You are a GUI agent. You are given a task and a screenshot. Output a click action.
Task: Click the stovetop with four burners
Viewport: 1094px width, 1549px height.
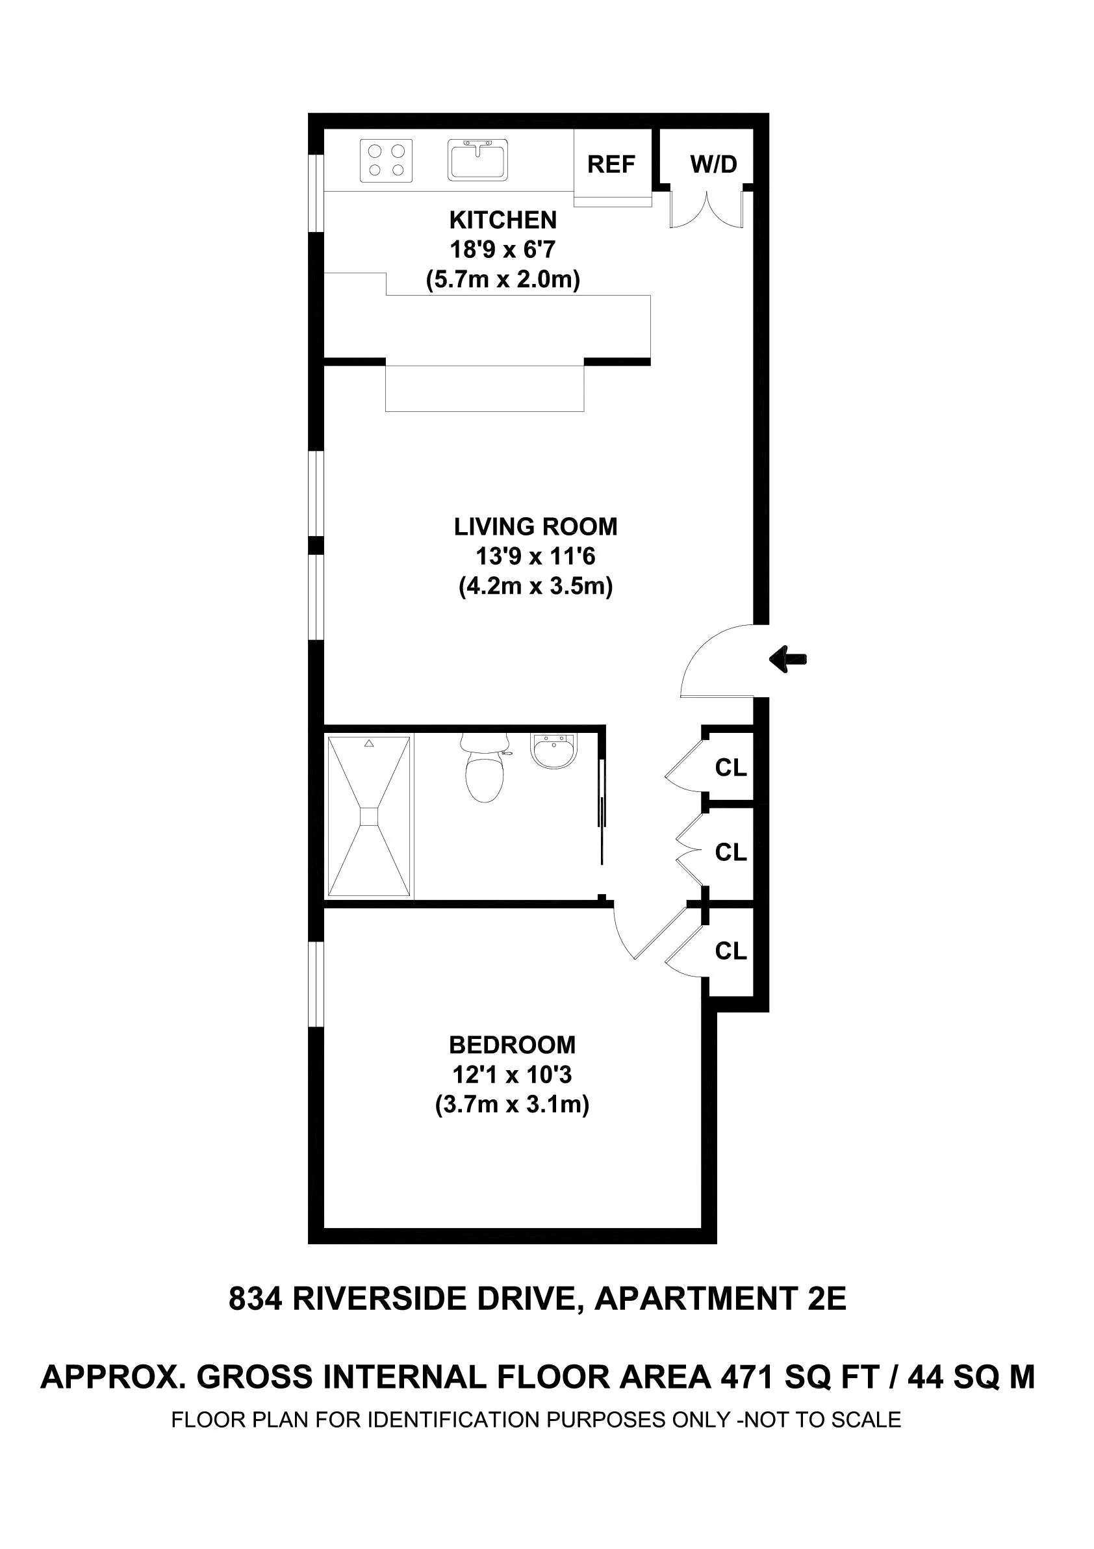click(386, 160)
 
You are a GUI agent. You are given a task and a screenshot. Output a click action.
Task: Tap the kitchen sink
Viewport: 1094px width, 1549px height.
click(477, 160)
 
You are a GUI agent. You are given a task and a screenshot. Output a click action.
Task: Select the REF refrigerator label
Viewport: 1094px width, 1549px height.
click(611, 164)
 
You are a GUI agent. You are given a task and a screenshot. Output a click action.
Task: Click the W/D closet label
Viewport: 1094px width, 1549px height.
click(713, 164)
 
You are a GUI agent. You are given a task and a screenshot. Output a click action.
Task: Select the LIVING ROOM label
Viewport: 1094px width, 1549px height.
click(535, 527)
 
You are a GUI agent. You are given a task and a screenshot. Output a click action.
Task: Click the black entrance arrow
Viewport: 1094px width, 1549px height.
click(788, 659)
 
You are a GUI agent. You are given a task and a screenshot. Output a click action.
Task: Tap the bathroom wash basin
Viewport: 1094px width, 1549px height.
click(553, 751)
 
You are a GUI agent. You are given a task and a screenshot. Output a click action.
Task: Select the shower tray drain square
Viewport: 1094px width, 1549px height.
click(369, 816)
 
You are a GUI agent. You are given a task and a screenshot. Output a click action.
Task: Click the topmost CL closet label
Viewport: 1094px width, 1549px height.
click(730, 768)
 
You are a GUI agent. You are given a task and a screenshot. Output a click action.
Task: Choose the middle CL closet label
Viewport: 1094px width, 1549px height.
click(730, 852)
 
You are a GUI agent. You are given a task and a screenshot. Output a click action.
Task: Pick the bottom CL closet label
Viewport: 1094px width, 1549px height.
click(730, 951)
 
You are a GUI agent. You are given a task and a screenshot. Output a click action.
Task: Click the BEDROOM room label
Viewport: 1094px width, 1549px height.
click(512, 1045)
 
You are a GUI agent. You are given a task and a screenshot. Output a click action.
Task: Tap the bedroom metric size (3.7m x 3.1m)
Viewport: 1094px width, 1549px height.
click(512, 1105)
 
